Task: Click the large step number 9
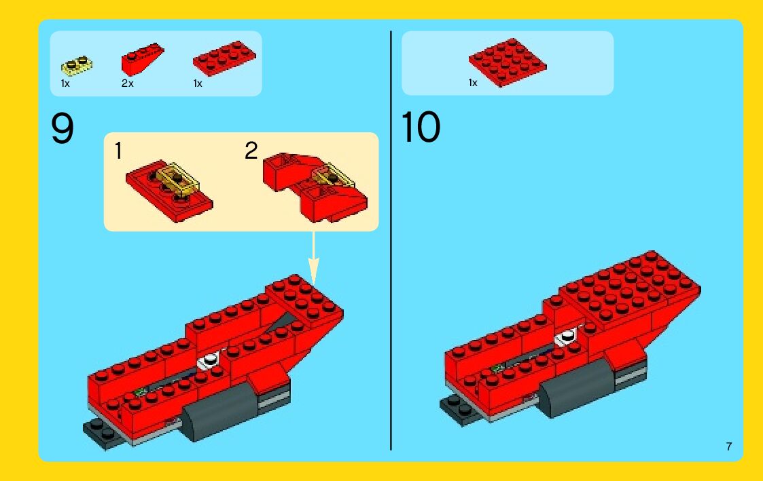(x=63, y=128)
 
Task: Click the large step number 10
(x=421, y=128)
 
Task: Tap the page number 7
(x=728, y=446)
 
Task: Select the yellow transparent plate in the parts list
(x=77, y=66)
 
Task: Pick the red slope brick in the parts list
(x=142, y=59)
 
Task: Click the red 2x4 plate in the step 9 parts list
(x=224, y=58)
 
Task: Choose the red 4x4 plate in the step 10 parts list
(x=508, y=62)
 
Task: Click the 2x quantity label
(x=127, y=83)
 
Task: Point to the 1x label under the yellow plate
(x=65, y=83)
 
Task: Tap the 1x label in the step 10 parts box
(x=473, y=83)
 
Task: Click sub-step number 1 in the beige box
(x=118, y=151)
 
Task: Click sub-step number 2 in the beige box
(x=251, y=151)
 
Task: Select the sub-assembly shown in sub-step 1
(x=169, y=191)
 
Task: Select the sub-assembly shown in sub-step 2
(x=315, y=187)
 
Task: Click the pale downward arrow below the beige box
(x=313, y=258)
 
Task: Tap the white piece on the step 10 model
(x=567, y=336)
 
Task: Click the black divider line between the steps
(x=391, y=240)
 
